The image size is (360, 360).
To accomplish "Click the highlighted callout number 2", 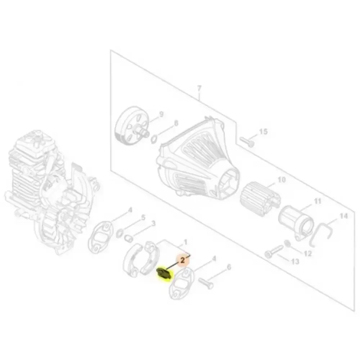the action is coord(183,260).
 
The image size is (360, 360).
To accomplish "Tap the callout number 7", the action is coord(199,88).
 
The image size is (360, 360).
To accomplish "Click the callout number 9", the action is coord(161,114).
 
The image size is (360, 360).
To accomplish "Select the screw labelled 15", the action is coord(247,141).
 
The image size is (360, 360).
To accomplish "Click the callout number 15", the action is coord(264,131).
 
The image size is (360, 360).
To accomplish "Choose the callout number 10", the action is coord(282,180).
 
